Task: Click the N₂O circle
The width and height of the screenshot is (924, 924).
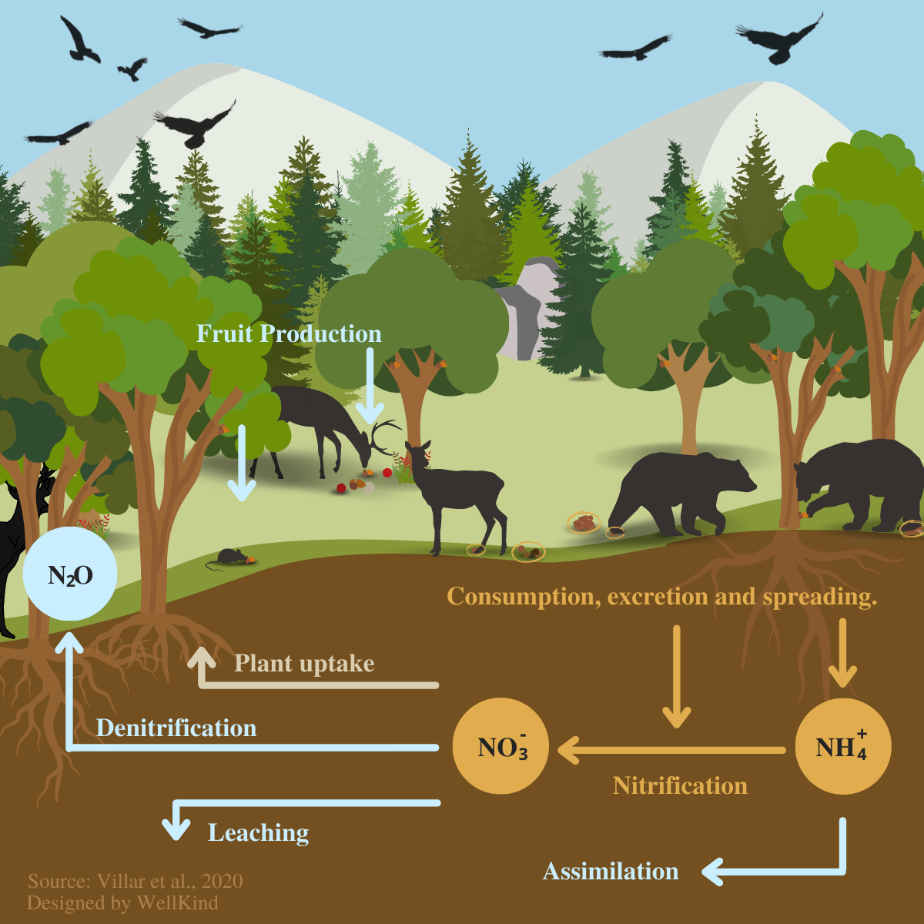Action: click(x=69, y=574)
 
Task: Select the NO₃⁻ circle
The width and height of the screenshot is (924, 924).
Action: click(x=500, y=746)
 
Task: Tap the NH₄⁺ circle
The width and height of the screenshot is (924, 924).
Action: click(x=842, y=746)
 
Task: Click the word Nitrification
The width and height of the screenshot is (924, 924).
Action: click(x=680, y=785)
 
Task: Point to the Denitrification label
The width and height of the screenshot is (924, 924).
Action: click(x=176, y=728)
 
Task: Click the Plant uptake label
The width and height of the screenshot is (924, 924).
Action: click(x=304, y=664)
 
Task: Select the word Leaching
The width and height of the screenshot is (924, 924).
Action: click(x=259, y=832)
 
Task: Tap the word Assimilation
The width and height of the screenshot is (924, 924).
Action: click(x=611, y=871)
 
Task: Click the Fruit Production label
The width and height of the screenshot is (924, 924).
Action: click(x=289, y=333)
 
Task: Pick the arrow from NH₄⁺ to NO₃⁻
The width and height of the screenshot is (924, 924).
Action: click(x=670, y=749)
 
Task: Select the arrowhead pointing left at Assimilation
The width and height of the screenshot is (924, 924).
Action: click(x=713, y=872)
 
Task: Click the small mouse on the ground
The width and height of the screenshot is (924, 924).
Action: click(x=229, y=557)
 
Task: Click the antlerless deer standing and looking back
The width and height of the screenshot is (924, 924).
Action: click(x=454, y=493)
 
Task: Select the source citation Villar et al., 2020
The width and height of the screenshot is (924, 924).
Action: click(x=135, y=881)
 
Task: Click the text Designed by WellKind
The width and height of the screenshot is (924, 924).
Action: click(x=122, y=902)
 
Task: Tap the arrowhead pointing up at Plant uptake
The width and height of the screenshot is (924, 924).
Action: click(x=202, y=658)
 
